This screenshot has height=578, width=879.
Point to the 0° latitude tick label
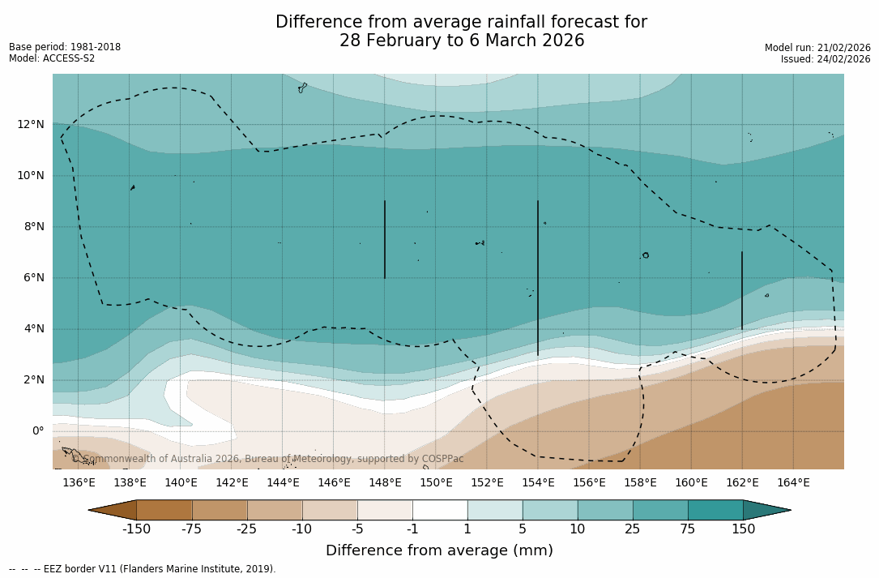pos(37,430)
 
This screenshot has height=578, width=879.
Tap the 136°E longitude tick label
pos(79,483)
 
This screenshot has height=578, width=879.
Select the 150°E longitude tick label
pos(436,483)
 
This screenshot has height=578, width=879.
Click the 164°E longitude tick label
pos(793,483)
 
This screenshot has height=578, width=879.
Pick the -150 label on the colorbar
pos(136,529)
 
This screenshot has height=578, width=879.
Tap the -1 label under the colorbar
pos(412,529)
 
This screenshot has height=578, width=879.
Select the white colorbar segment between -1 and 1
pos(440,510)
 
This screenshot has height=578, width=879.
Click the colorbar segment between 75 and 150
pos(715,510)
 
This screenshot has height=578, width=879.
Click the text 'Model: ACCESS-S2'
pos(52,58)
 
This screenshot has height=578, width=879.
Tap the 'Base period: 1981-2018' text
pos(65,47)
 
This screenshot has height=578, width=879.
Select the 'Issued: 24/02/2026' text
pos(826,59)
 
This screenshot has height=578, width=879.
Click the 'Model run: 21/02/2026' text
pos(817,48)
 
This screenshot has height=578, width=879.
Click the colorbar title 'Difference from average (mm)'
pos(439,550)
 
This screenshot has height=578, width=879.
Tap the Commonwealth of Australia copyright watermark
pos(268,459)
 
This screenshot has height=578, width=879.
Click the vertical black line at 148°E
pos(385,239)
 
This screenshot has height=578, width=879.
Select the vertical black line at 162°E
pos(741,290)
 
